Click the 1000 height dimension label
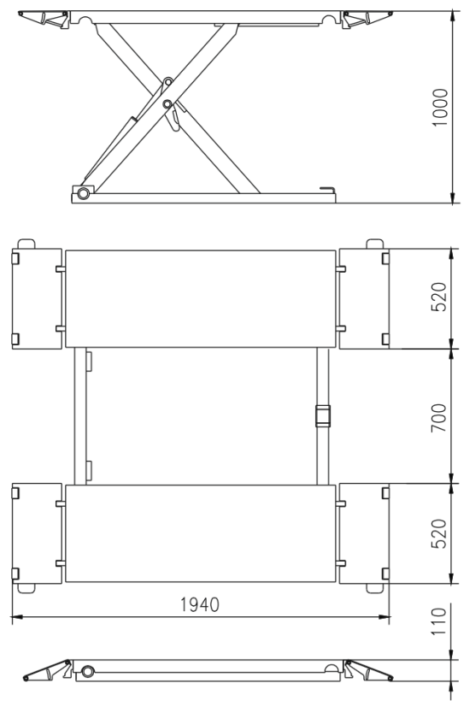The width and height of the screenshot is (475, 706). click(439, 107)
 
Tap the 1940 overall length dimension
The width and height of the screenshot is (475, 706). click(200, 604)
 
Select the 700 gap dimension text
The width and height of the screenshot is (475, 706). click(438, 418)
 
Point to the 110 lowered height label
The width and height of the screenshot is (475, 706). click(438, 621)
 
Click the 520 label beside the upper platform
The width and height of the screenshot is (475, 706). click(438, 297)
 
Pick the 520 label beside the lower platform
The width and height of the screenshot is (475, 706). click(438, 533)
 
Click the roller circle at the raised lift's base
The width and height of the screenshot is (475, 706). click(83, 194)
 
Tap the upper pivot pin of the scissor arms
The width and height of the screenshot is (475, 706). click(168, 82)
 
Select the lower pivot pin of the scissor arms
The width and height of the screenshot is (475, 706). click(167, 104)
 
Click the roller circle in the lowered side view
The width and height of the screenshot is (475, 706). click(88, 671)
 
